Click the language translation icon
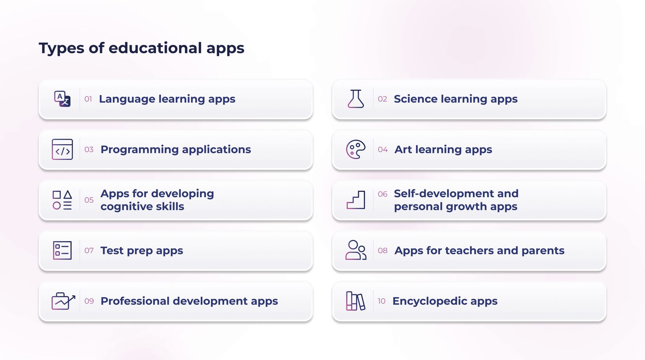(x=62, y=99)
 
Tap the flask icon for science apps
(x=356, y=99)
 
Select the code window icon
(x=62, y=150)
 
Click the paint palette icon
(x=356, y=150)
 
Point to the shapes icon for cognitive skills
(x=62, y=200)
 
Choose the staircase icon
(x=356, y=200)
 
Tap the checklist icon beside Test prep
(x=62, y=250)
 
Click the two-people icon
(x=356, y=250)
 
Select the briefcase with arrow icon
(x=63, y=301)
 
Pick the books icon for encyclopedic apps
(x=356, y=301)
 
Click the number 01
(x=88, y=99)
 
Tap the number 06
(x=383, y=194)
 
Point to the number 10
(x=381, y=301)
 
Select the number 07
(x=89, y=251)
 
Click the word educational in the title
(x=155, y=48)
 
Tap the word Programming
(x=139, y=150)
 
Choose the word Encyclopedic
(x=429, y=301)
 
